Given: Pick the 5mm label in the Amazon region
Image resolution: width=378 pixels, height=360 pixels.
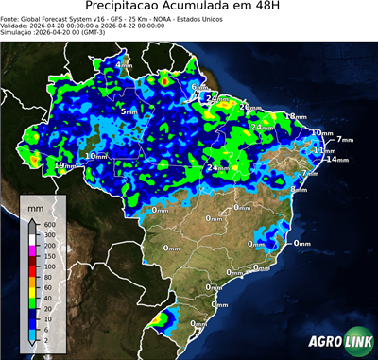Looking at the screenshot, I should click(x=129, y=111).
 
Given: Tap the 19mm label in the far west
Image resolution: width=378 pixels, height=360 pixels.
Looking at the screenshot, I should click(x=63, y=165).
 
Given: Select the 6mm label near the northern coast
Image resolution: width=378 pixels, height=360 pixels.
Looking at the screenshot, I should click(x=199, y=87).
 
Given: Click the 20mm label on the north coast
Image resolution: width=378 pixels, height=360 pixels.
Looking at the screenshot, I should click(x=249, y=107).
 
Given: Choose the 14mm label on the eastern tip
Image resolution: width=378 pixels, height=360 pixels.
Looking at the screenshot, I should click(x=333, y=160).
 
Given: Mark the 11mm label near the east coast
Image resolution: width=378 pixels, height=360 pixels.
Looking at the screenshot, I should click(x=321, y=150).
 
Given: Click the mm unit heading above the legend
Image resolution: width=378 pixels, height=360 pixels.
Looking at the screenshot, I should click(x=35, y=204).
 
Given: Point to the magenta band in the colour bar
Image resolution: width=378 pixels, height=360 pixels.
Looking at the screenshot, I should click(x=30, y=250).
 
